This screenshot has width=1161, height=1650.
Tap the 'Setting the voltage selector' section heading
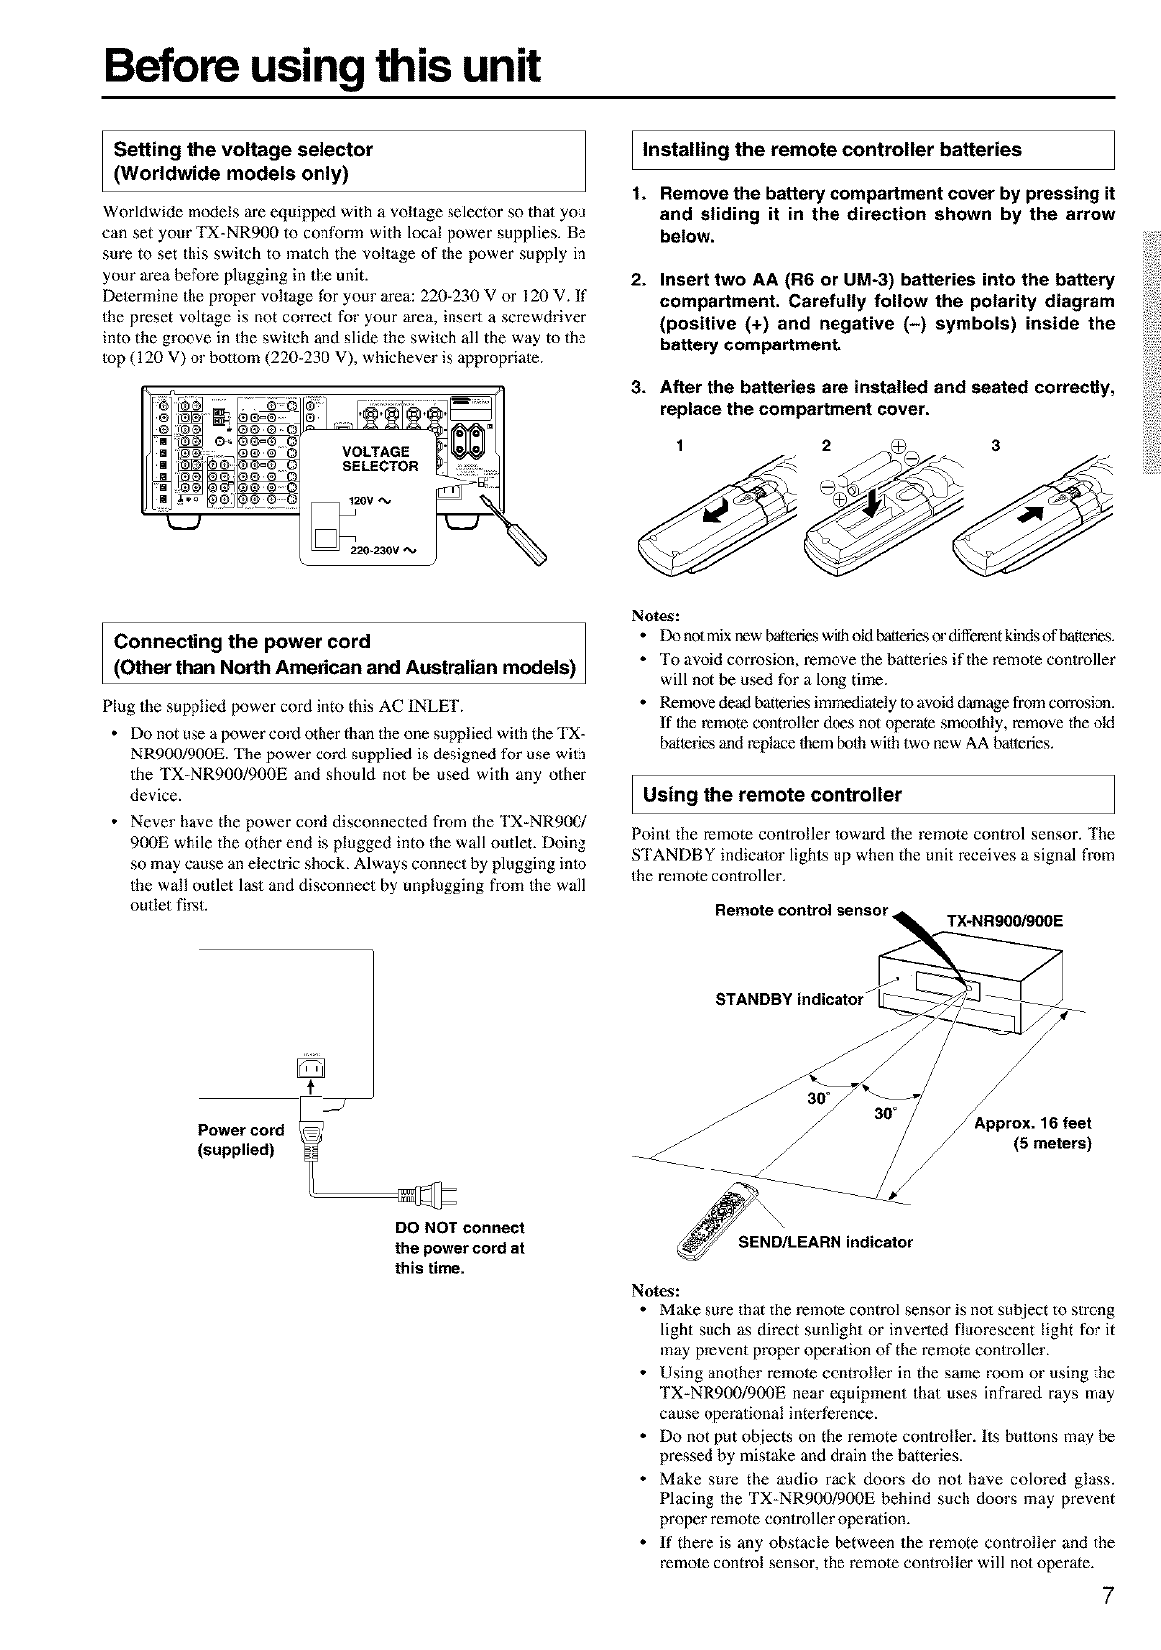click(x=244, y=150)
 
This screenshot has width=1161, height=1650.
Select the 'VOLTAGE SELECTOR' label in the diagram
click(x=380, y=459)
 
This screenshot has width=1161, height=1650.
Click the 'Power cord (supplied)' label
click(x=241, y=1139)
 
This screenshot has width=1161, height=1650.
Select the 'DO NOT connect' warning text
click(x=459, y=1228)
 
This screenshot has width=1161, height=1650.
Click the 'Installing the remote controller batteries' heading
click(x=833, y=150)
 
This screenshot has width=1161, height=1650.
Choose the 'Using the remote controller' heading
click(x=773, y=794)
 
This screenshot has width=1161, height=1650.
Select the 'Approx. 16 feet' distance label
click(x=1033, y=1123)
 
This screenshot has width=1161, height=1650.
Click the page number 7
click(x=1108, y=1624)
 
